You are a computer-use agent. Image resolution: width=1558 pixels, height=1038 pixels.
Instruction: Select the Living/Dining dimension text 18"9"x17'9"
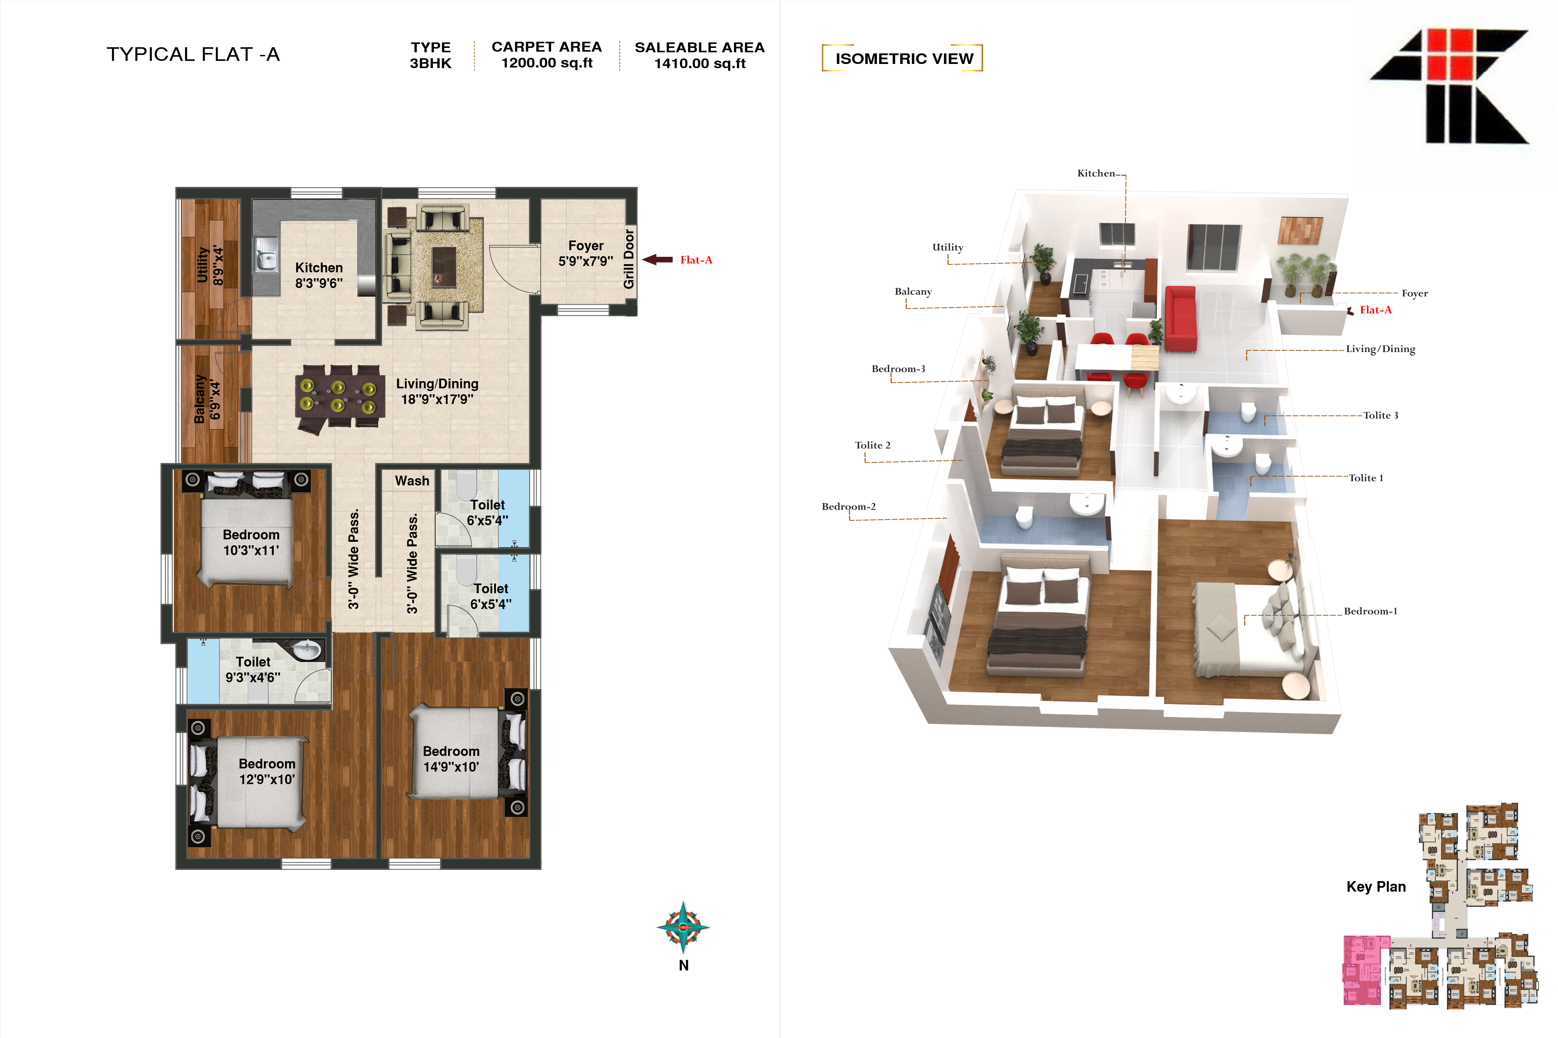[437, 399]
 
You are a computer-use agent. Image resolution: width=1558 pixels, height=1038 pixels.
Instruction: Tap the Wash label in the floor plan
[412, 481]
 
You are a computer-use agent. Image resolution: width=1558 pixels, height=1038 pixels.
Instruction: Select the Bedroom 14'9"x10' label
[451, 759]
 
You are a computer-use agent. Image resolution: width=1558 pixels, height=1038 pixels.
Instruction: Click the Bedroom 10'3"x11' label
[251, 542]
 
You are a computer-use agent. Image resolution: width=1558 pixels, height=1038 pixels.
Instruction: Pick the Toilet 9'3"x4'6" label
[253, 669]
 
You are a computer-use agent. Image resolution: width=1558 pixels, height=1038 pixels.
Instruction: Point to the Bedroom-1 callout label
[1370, 611]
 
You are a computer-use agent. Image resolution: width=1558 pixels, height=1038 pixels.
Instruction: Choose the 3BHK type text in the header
[430, 64]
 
